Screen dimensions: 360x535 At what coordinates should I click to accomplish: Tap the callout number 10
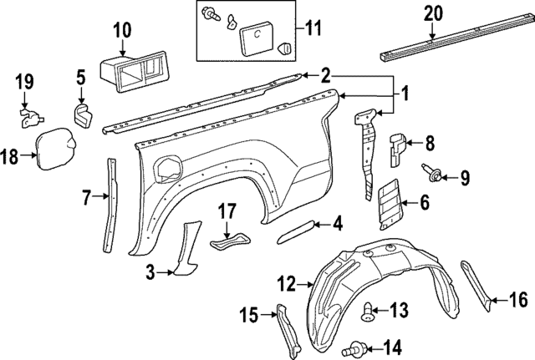coord(121,31)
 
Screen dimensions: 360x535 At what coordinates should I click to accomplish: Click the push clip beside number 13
coord(368,312)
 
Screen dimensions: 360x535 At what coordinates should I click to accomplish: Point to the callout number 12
coord(287,285)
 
